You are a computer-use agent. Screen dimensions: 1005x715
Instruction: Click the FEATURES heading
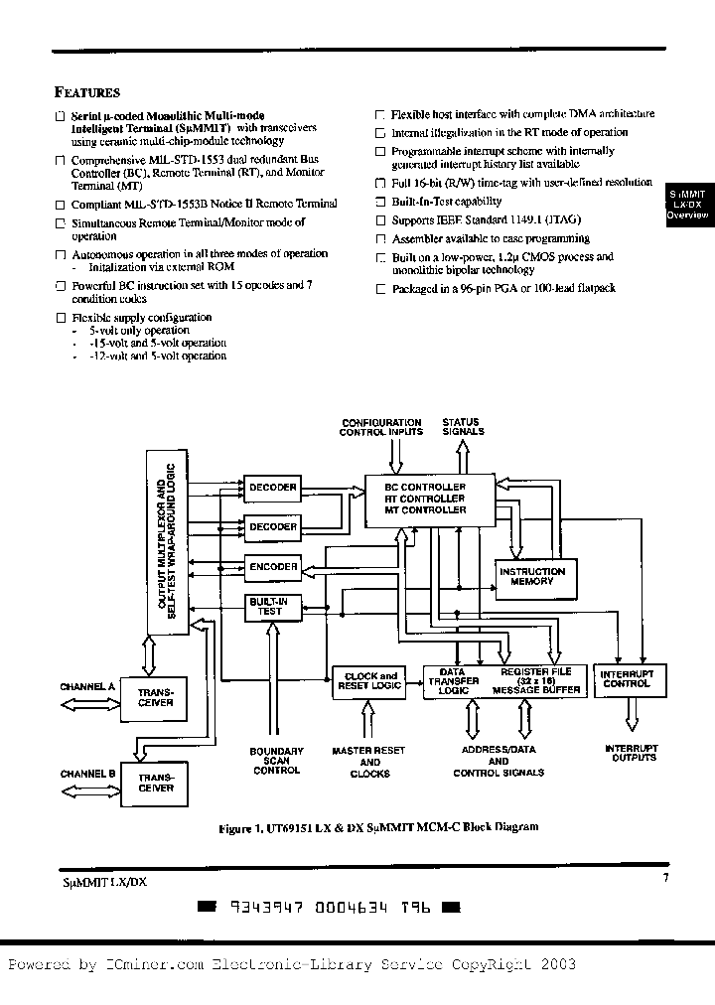pos(87,92)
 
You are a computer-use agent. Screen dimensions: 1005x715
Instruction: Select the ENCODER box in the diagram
pos(272,567)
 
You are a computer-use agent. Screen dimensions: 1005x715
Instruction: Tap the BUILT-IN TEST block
pos(272,607)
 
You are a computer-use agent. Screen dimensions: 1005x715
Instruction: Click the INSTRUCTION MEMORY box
pos(532,576)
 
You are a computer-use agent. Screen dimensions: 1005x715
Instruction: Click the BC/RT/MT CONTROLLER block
pos(425,499)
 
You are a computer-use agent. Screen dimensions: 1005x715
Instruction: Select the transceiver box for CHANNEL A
pos(156,697)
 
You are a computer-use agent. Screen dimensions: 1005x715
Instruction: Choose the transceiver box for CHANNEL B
pos(156,783)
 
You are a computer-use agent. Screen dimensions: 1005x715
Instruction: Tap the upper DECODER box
pos(272,488)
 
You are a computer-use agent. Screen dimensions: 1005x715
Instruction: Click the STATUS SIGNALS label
pos(463,427)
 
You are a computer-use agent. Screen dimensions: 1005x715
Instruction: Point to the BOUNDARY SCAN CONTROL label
pos(276,761)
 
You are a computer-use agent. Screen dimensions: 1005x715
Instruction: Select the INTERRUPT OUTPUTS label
pos(631,753)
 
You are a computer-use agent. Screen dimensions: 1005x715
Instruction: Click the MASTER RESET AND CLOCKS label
pos(369,763)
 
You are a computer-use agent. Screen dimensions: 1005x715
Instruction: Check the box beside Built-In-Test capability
pos(378,202)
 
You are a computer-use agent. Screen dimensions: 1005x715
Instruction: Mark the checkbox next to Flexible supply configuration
pos(61,318)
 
